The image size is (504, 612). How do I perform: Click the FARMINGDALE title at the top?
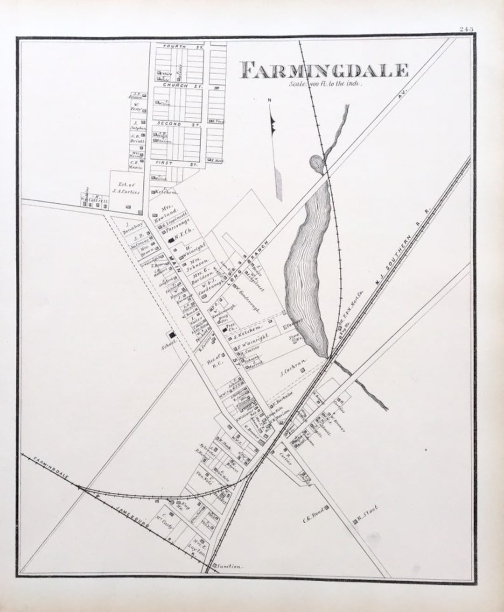[x=324, y=70]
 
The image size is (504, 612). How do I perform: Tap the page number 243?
[x=466, y=29]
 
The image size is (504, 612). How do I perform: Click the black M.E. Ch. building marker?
[x=171, y=240]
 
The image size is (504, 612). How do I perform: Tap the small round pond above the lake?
[x=316, y=163]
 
